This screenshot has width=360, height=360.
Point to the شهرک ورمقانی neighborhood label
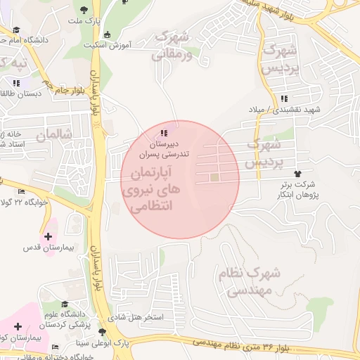point(172,42)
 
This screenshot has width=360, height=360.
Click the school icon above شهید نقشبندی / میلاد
point(283,99)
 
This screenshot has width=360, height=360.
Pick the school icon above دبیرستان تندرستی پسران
point(164,133)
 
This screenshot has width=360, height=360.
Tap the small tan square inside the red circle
point(214,178)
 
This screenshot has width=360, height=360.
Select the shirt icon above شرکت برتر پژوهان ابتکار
point(297,173)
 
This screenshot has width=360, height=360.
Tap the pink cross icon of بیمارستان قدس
point(48,237)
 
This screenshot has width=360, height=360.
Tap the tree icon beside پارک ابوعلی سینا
point(103,332)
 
